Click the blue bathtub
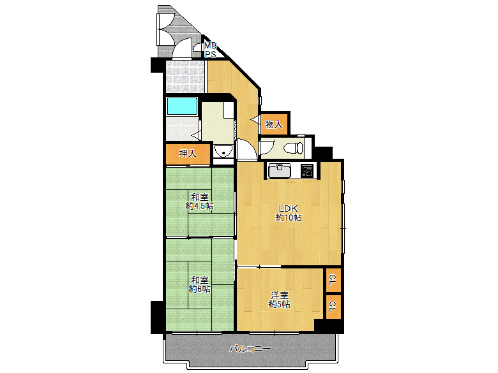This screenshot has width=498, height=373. [183, 106]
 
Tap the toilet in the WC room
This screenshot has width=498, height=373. [294, 148]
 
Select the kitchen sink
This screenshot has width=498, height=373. [280, 170]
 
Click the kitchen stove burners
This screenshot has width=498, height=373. [307, 170]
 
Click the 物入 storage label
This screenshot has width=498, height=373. [274, 124]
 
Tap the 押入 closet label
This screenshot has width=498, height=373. [188, 154]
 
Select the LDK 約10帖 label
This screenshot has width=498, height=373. [289, 213]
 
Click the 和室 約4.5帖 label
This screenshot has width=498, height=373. [200, 201]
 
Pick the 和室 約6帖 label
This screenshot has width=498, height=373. [200, 284]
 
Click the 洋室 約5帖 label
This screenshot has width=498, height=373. [280, 300]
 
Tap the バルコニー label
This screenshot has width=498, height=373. [250, 349]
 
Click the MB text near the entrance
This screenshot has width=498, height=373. [210, 45]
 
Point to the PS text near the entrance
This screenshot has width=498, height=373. [210, 55]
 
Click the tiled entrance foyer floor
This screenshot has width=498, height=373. [185, 77]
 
